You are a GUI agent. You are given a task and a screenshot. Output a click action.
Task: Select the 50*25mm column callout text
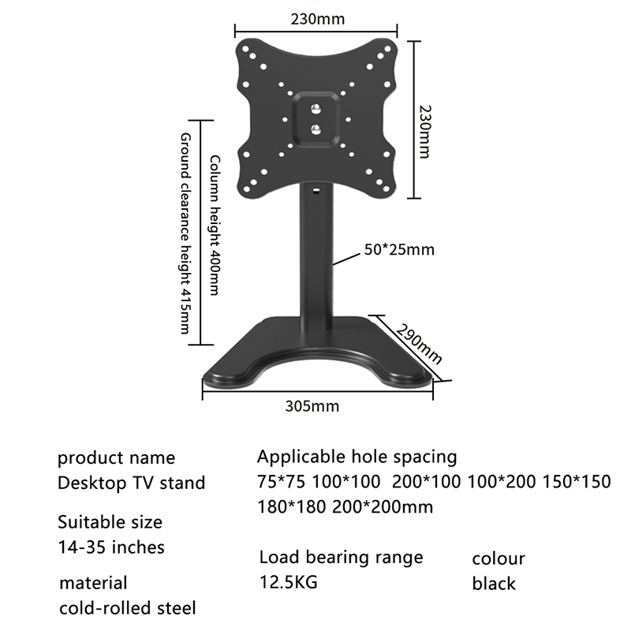[399, 251]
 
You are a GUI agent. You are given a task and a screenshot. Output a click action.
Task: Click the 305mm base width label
[312, 407]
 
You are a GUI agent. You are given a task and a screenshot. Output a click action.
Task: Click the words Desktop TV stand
[132, 483]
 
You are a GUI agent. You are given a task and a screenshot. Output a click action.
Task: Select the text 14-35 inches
[112, 546]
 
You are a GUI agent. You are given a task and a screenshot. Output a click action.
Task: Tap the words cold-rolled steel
[128, 608]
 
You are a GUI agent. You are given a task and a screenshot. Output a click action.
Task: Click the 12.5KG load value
[289, 583]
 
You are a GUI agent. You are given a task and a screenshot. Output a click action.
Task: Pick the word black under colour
[494, 584]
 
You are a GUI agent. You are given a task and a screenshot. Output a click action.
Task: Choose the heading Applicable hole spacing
[357, 457]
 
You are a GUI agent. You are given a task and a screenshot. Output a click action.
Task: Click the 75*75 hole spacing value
[280, 482]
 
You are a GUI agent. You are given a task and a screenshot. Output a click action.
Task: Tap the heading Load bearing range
[341, 558]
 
